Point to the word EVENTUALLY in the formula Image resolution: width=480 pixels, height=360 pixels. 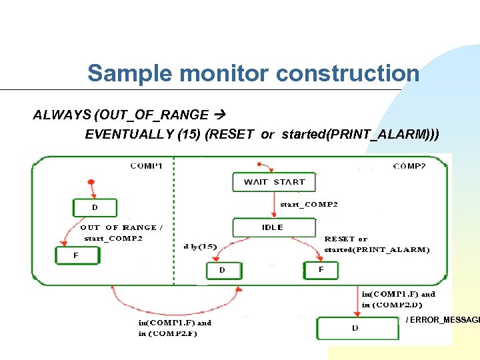(x=129, y=135)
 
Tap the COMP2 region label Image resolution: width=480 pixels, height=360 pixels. (x=409, y=165)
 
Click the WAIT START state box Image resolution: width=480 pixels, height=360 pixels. (x=274, y=182)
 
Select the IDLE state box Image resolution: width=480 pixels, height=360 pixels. (x=273, y=227)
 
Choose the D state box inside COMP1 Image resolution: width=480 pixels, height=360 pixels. (x=95, y=208)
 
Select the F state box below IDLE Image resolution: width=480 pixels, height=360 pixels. (x=321, y=270)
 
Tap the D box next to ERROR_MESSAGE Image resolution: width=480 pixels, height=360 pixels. (x=356, y=328)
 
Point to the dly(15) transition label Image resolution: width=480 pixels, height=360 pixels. (x=200, y=247)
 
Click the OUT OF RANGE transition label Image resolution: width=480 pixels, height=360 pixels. (x=118, y=227)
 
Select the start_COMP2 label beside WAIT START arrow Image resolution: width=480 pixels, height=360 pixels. (x=309, y=205)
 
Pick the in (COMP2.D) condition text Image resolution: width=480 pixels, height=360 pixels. (x=392, y=305)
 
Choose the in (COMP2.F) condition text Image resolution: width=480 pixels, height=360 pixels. (x=168, y=333)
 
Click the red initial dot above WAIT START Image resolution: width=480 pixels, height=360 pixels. (x=257, y=163)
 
